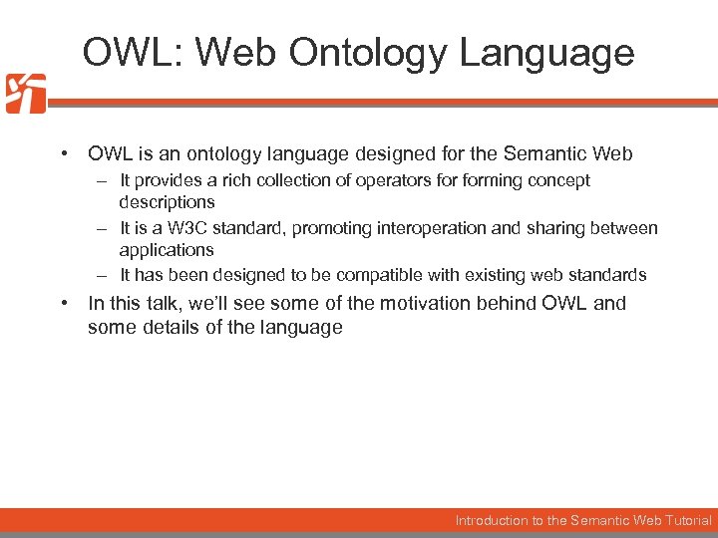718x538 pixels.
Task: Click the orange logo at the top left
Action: [x=25, y=94]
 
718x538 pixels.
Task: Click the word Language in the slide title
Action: [x=546, y=52]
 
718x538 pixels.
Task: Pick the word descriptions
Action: [x=167, y=202]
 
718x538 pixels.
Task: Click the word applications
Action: [x=167, y=250]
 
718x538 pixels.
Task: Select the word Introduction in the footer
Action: [x=493, y=520]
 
